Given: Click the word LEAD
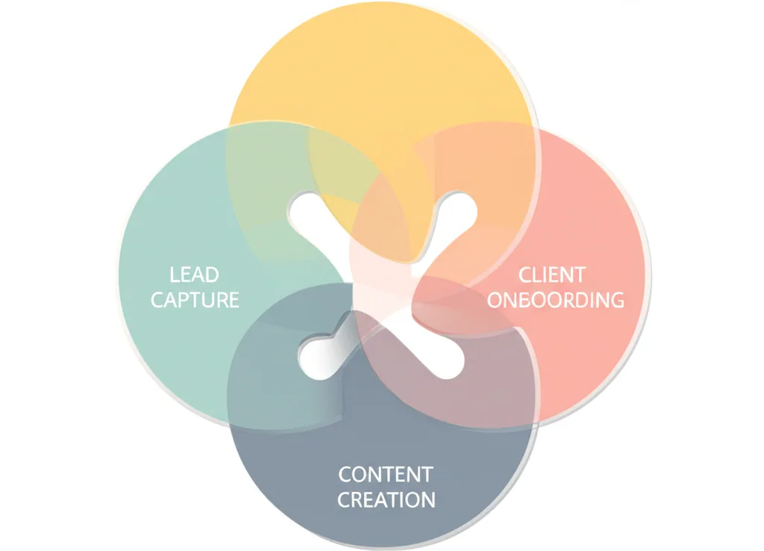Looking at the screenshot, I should click(x=194, y=275).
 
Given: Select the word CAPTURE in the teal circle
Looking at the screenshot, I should click(x=195, y=300).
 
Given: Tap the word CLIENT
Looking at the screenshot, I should click(x=552, y=275).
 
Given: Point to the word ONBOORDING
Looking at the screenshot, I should click(x=555, y=300).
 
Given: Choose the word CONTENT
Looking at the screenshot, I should click(x=385, y=474).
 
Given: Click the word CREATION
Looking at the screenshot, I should click(x=386, y=499).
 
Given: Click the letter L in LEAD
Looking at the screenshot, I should click(x=174, y=275).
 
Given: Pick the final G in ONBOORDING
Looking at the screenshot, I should click(x=616, y=300).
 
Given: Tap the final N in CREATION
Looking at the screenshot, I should click(x=428, y=499).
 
